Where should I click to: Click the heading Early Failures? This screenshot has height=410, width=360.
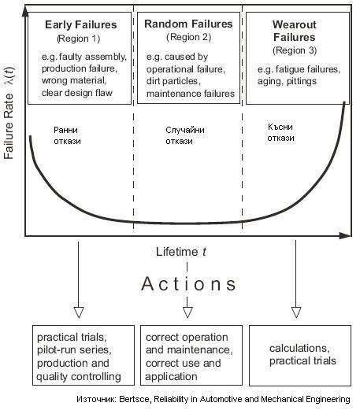81,24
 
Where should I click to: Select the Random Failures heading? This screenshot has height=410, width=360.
188,24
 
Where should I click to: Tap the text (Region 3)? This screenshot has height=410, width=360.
295,50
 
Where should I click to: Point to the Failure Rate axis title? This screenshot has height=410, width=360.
9,113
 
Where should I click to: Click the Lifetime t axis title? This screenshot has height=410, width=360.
181,252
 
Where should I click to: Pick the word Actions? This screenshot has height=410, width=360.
188,284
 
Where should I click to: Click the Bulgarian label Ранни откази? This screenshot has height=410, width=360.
67,135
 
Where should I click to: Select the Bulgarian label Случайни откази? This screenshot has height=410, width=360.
185,135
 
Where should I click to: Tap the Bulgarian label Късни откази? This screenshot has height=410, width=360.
280,132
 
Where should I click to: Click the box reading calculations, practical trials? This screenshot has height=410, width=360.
300,356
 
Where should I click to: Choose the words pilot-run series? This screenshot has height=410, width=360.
74,350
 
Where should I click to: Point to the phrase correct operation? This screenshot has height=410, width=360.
187,338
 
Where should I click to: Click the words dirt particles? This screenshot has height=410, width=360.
173,81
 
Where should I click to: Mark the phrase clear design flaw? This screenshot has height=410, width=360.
77,93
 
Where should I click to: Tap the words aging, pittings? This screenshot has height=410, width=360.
287,81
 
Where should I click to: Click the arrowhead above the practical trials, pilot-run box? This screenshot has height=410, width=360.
79,312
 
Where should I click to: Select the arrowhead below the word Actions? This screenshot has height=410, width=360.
187,312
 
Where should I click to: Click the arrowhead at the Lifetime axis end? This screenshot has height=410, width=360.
344,235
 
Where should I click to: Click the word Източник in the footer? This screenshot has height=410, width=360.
96,399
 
